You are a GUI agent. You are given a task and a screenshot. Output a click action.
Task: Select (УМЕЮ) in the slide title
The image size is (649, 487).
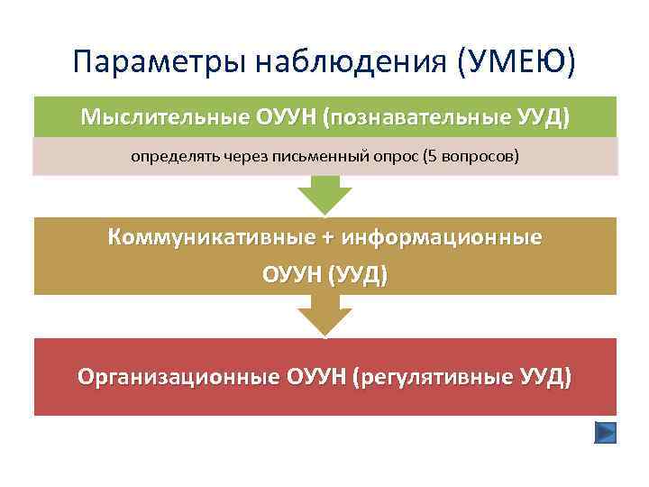[x=516, y=62]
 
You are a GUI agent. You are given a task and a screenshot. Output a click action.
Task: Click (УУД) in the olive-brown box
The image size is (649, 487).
[x=360, y=273]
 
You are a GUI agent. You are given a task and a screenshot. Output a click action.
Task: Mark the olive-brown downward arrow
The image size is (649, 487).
[x=324, y=315]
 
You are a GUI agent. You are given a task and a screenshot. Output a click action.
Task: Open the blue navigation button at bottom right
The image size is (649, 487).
[x=606, y=433]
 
